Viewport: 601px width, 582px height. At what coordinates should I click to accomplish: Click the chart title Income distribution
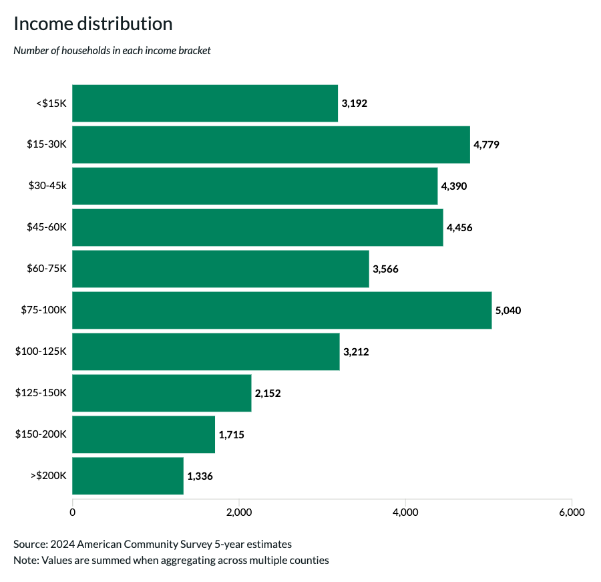93,24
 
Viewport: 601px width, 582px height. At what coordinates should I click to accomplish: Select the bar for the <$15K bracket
204,103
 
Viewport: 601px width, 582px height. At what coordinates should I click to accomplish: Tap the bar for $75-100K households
281,310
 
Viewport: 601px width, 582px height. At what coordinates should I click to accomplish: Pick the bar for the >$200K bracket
128,476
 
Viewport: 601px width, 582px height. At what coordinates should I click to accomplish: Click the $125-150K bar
162,393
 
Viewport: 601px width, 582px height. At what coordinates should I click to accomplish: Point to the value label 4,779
486,145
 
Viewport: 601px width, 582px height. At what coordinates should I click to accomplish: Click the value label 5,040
508,311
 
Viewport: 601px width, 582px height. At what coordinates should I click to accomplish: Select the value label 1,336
200,476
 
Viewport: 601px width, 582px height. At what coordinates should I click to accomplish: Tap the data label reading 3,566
385,269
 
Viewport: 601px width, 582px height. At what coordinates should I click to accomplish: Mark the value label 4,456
459,228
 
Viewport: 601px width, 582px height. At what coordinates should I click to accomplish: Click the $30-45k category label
47,186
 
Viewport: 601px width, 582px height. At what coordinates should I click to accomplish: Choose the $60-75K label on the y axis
47,269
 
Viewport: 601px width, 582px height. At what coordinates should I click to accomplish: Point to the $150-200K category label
41,434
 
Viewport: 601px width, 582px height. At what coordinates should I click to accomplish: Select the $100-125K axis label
41,351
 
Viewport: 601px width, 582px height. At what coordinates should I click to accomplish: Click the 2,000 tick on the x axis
238,513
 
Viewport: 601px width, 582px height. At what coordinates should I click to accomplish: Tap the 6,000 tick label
571,513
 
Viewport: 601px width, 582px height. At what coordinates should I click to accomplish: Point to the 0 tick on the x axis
72,513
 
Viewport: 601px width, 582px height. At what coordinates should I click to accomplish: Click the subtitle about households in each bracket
112,51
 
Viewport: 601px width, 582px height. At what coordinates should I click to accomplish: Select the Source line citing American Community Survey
152,544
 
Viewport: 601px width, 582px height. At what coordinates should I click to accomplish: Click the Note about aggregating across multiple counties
171,560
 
